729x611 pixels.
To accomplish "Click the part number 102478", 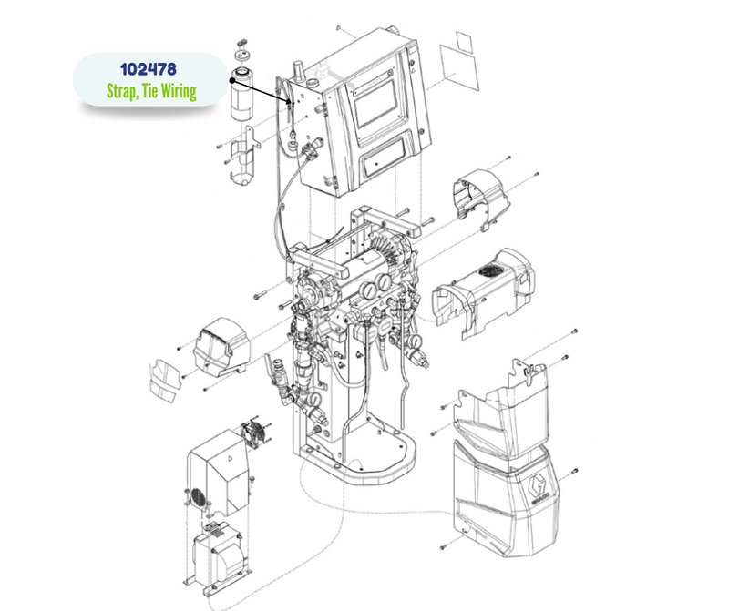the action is [x=149, y=69].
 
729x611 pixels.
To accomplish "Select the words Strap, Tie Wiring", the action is [x=151, y=91].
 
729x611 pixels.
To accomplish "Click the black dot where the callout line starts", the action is [x=232, y=80].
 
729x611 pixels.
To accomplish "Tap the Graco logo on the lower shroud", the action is [x=539, y=491].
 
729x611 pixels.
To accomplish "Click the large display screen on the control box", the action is [x=376, y=104].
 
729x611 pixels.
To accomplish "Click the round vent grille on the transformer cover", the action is [x=199, y=497].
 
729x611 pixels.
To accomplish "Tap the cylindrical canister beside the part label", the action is [x=243, y=95].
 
